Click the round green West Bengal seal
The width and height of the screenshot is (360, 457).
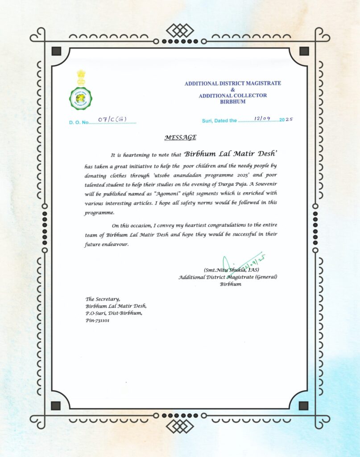coord(80,98)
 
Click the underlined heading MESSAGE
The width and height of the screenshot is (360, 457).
coord(180,137)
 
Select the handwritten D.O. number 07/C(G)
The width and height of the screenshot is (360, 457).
coord(113,119)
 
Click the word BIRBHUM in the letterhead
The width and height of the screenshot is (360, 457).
coord(233,102)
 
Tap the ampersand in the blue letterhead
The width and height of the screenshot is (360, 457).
coord(233,89)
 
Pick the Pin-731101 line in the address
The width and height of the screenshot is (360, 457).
coord(97,320)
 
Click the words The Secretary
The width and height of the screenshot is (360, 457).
coord(103,299)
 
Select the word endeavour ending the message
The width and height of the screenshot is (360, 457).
coord(109,245)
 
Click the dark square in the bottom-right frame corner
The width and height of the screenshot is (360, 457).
coord(303,406)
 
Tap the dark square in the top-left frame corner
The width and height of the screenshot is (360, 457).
coord(56,51)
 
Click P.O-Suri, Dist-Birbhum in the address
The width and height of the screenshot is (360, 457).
coord(114,313)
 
